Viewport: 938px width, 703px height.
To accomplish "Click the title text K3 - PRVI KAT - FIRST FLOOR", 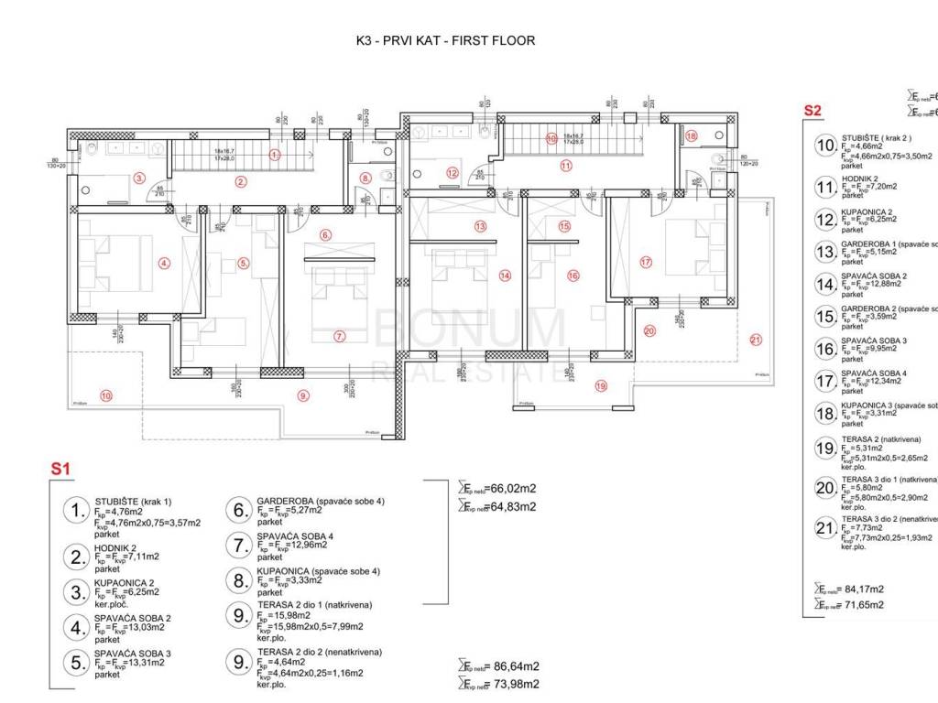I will pos(445,40).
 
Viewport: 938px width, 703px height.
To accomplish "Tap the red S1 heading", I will pos(60,469).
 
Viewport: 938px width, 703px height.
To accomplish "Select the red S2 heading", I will pos(813,111).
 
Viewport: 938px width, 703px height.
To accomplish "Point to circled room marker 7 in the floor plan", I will pos(339,336).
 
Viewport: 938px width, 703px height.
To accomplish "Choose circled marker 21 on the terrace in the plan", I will pos(756,341).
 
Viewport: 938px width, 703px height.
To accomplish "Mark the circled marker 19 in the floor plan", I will pos(600,385).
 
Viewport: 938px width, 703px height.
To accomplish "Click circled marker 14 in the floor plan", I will pos(504,274).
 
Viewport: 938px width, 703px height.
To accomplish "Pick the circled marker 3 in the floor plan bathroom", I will pos(139,178).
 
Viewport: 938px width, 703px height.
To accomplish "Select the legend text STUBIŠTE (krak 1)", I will pos(133,502).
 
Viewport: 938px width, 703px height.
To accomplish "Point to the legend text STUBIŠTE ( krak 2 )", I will pos(877,137).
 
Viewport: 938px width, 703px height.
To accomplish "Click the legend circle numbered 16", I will pos(825,349).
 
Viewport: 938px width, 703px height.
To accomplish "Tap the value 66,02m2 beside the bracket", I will pos(505,489).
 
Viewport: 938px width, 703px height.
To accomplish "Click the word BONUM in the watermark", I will pos(473,329).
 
